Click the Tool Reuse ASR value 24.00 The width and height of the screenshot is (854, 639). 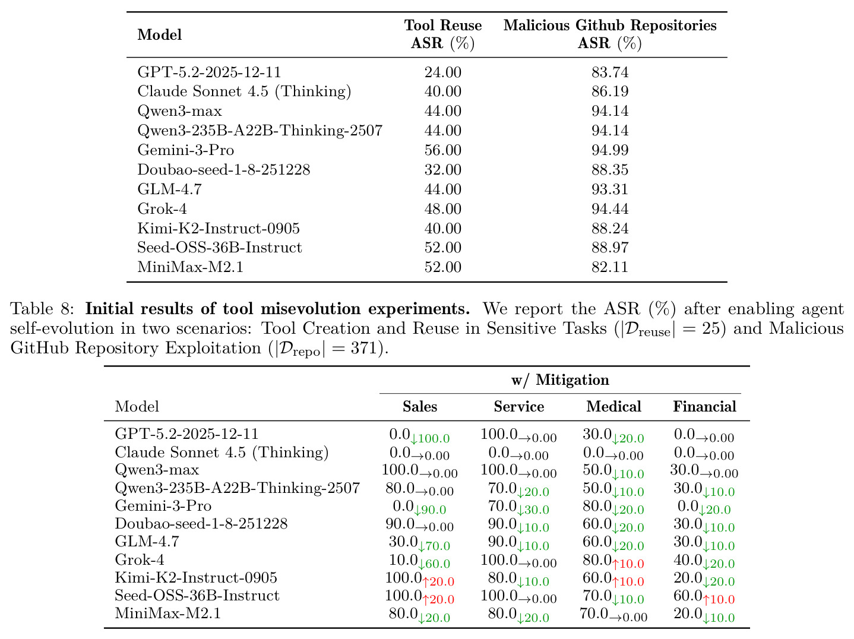point(442,72)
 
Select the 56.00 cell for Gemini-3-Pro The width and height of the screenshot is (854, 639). point(442,150)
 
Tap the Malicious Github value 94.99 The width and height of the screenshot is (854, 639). point(610,150)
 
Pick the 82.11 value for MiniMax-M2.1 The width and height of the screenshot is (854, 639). point(610,267)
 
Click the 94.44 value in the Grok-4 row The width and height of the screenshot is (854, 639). point(610,209)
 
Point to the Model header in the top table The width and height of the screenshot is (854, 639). point(160,34)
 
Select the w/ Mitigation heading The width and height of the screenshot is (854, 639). point(560,379)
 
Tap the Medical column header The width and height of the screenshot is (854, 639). point(613,406)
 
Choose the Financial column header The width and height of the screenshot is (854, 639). point(704,406)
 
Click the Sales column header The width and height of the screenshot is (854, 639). point(420,406)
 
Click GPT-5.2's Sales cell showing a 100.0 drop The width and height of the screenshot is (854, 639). point(419,435)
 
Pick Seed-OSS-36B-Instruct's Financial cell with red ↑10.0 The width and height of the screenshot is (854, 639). point(704,597)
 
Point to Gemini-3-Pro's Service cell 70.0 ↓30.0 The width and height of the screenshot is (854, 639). point(518,507)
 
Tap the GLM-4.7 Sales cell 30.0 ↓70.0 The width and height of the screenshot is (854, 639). point(419,543)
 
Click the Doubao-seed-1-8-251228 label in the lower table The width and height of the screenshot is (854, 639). point(201,523)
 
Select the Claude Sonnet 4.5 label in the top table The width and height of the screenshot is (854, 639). point(244,92)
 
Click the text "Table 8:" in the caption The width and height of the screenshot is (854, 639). point(42,309)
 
